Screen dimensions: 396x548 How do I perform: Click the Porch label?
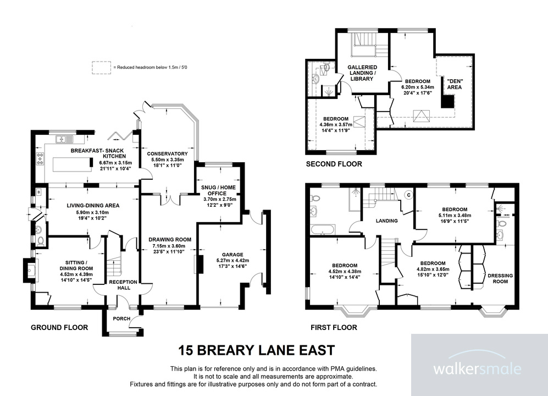pos(121,318)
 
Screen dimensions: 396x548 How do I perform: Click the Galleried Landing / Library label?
pos(362,73)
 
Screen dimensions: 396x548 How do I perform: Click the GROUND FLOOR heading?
pos(59,327)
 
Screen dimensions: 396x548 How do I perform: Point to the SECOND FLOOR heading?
pos(334,164)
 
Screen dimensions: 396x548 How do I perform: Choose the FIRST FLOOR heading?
pos(334,327)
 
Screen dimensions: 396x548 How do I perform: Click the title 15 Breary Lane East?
pos(257,350)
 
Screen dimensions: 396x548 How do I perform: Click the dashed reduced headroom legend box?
pos(101,67)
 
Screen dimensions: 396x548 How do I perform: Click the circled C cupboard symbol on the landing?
pos(408,195)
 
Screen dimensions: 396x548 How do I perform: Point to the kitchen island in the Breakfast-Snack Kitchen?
pos(72,163)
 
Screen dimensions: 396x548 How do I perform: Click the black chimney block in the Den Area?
pos(449,102)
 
